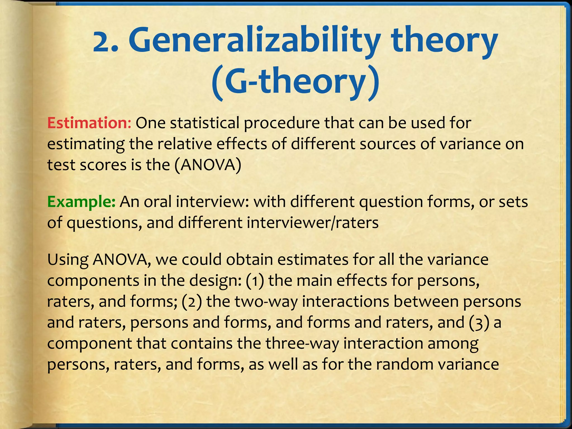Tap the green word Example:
tap(81, 202)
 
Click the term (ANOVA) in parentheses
tap(208, 165)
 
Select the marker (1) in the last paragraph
tap(255, 280)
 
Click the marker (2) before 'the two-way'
tap(192, 301)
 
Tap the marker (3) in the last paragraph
tap(479, 322)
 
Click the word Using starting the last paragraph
tap(68, 260)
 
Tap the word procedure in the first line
tap(282, 123)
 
